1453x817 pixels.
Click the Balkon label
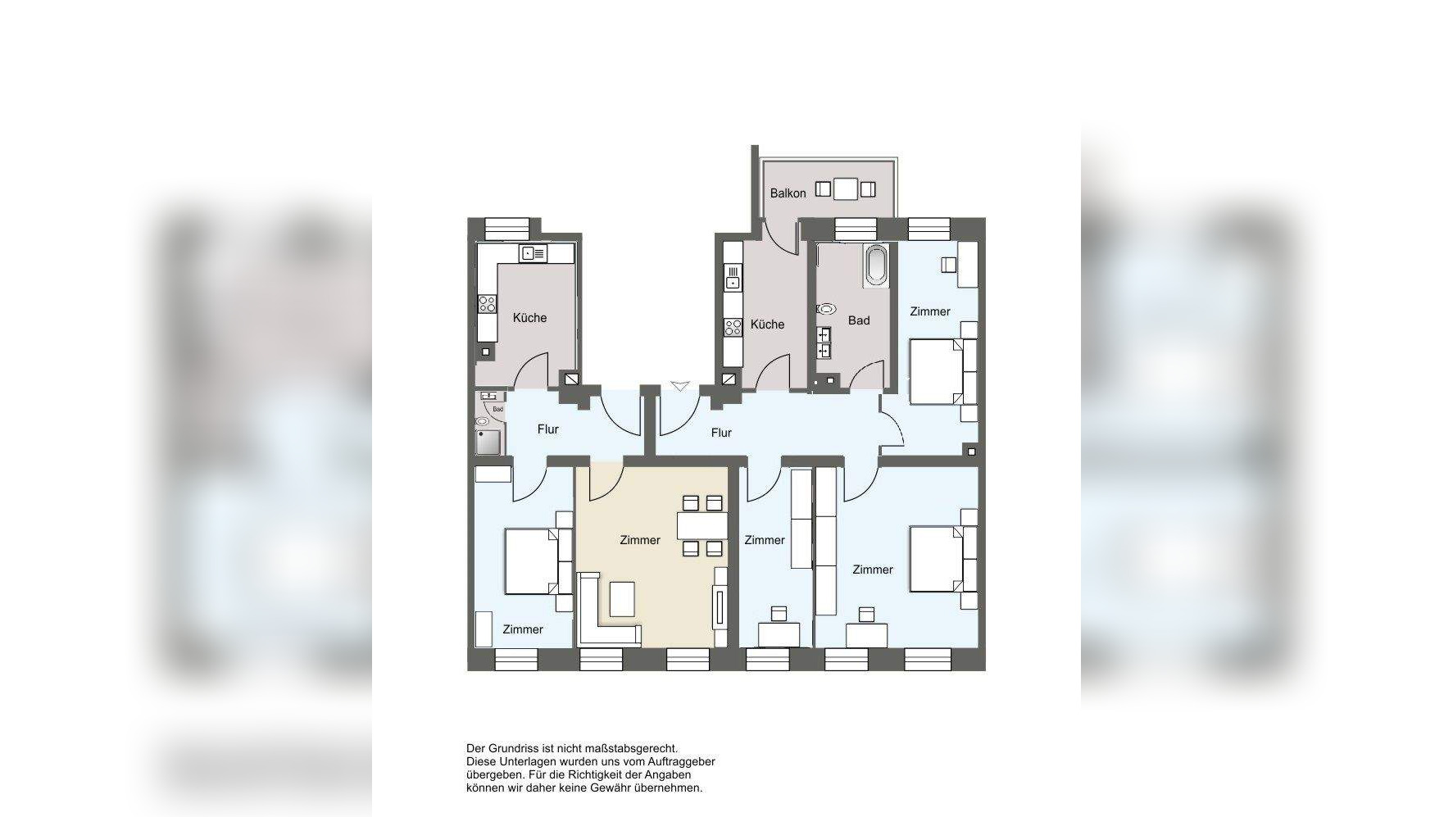(788, 193)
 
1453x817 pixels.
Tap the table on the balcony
(846, 189)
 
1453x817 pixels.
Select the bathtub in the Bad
(876, 266)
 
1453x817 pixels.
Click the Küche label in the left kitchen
(529, 318)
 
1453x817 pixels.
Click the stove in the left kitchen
(487, 305)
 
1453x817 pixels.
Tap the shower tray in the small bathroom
(488, 442)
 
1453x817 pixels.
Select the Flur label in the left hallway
(548, 429)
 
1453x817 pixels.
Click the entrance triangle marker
(679, 386)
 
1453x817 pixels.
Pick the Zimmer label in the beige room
(640, 540)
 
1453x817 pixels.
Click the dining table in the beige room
(702, 525)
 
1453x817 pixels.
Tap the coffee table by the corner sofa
(622, 598)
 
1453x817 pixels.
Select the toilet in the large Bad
(826, 310)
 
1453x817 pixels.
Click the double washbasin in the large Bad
(824, 343)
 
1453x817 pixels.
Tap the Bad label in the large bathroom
(859, 320)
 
